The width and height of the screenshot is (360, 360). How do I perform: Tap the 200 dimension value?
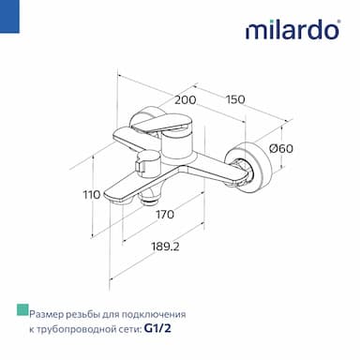pos(186,100)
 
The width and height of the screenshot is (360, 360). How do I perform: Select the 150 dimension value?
pos(235,99)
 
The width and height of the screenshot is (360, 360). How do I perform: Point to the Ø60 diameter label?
pos(281,148)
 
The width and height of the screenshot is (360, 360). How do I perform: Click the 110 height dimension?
pos(92,194)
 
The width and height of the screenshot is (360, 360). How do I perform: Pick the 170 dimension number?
pos(165,215)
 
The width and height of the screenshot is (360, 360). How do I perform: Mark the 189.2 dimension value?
pos(166,247)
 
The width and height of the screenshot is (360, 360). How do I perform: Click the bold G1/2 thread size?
pos(157,328)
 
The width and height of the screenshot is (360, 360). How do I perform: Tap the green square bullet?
pos(22,309)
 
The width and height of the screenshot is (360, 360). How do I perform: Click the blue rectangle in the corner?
pos(9,16)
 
